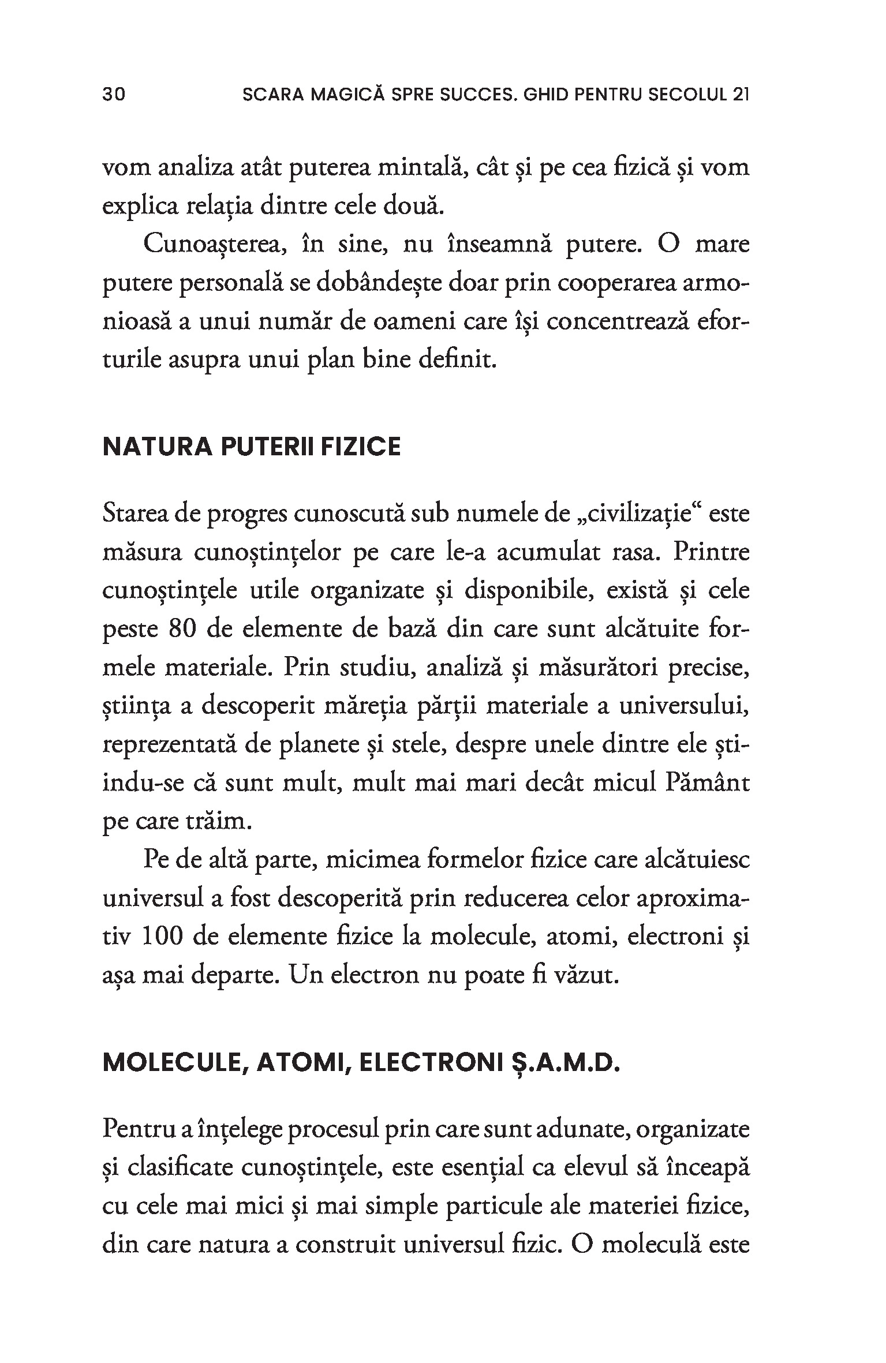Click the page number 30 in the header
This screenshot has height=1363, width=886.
tap(114, 95)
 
